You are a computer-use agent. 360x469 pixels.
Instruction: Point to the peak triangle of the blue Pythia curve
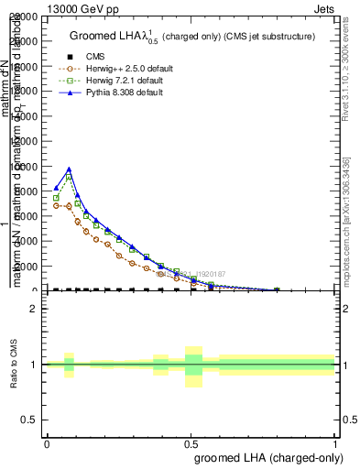point(69,169)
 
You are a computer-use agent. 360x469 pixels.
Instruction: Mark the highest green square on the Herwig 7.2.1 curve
point(69,178)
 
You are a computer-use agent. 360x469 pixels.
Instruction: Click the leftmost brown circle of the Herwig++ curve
point(56,205)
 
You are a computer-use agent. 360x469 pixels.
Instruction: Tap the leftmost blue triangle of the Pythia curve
point(56,188)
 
